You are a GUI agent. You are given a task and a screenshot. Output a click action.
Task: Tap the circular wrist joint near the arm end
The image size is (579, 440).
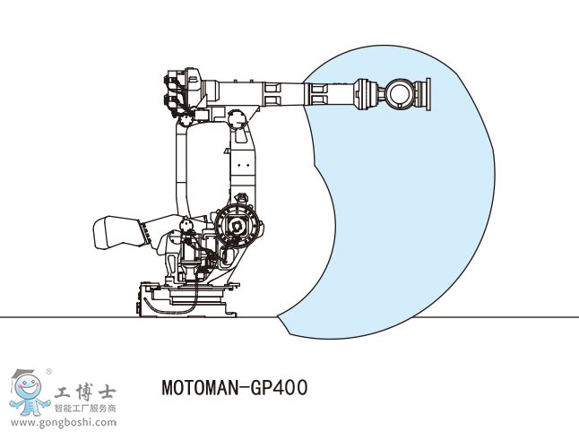click(400, 93)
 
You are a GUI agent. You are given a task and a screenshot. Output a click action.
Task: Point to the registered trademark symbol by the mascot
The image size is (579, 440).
click(48, 370)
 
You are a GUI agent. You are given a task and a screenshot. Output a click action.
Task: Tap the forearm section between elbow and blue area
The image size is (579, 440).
click(278, 92)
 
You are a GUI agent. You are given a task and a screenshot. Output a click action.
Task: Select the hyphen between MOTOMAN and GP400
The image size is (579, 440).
click(246, 389)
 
